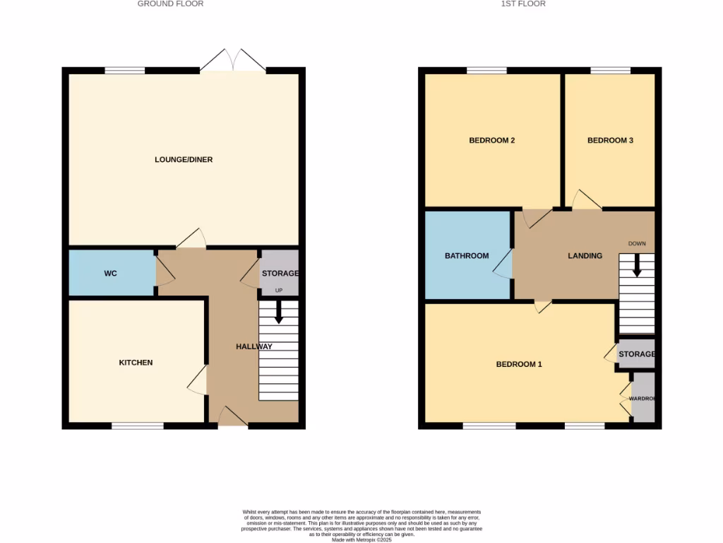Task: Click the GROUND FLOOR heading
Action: (170, 4)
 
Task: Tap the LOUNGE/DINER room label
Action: (184, 160)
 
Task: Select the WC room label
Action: (110, 273)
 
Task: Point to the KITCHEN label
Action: (136, 363)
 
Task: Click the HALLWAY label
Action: (253, 346)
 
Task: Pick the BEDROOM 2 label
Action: (491, 141)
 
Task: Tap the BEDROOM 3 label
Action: (610, 141)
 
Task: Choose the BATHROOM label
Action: (466, 256)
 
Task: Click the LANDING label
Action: (585, 256)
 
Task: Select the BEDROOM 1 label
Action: (519, 365)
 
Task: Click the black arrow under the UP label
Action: (278, 312)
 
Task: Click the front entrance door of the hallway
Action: (232, 418)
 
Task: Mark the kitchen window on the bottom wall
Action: (137, 426)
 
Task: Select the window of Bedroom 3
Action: (610, 70)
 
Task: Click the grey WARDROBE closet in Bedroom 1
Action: (643, 399)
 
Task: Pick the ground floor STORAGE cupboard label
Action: (280, 274)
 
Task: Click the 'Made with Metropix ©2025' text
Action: (361, 539)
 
